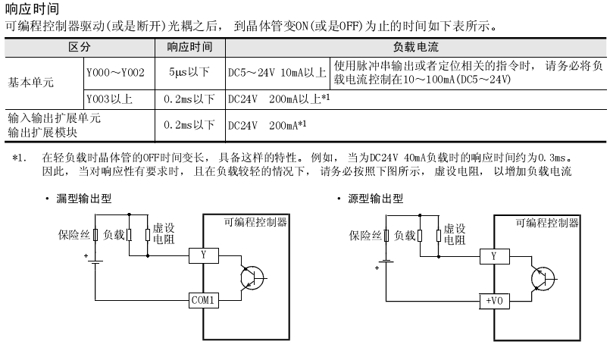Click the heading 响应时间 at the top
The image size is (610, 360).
(30, 8)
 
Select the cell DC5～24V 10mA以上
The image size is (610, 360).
(277, 74)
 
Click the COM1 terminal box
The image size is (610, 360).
(203, 300)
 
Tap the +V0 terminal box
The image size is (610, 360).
(494, 300)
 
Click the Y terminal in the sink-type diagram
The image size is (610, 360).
(203, 255)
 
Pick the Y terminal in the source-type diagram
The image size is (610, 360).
(494, 255)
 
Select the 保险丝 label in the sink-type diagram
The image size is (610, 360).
(74, 234)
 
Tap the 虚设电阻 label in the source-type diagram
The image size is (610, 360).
(454, 233)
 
